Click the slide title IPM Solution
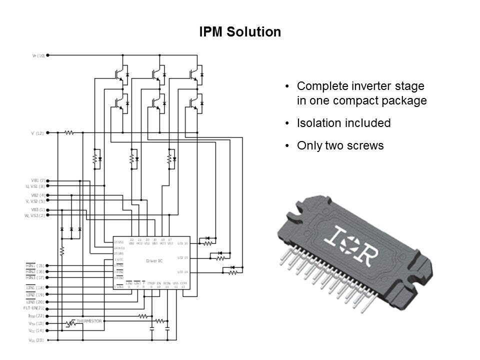coord(239,32)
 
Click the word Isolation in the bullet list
coord(318,123)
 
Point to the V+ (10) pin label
coord(38,55)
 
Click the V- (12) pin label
coord(37,133)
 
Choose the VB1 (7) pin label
coord(37,180)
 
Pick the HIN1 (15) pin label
coord(35,265)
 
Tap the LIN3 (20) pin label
coord(35,302)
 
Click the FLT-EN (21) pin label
coord(35,308)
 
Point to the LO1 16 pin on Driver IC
coord(182,243)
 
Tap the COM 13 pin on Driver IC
coord(183,285)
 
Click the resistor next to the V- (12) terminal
coord(69,133)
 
